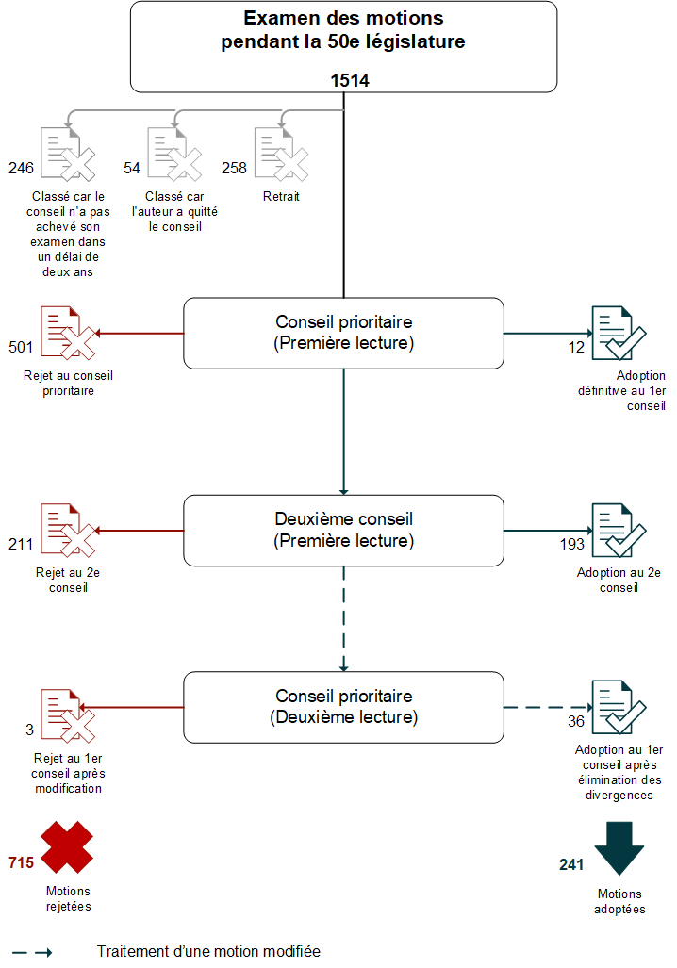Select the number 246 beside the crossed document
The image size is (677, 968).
[x=21, y=168]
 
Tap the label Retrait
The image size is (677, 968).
[x=280, y=197]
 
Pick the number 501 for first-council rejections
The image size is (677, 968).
[x=21, y=346]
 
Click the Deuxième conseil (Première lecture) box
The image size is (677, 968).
[x=343, y=530]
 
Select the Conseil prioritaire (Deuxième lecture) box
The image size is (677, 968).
[x=343, y=707]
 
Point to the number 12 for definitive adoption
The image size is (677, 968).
[x=576, y=346]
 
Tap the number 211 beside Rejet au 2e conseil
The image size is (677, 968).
[x=21, y=544]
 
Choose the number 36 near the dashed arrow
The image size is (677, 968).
[x=575, y=721]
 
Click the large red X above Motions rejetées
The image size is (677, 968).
[x=66, y=846]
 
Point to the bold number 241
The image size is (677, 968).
[x=572, y=863]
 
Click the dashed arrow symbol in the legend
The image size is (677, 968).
[x=32, y=952]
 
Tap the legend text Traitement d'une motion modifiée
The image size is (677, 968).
[x=208, y=952]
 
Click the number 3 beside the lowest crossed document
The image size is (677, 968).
[x=30, y=730]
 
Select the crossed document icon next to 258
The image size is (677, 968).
[x=280, y=155]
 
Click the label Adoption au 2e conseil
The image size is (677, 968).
[x=619, y=580]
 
